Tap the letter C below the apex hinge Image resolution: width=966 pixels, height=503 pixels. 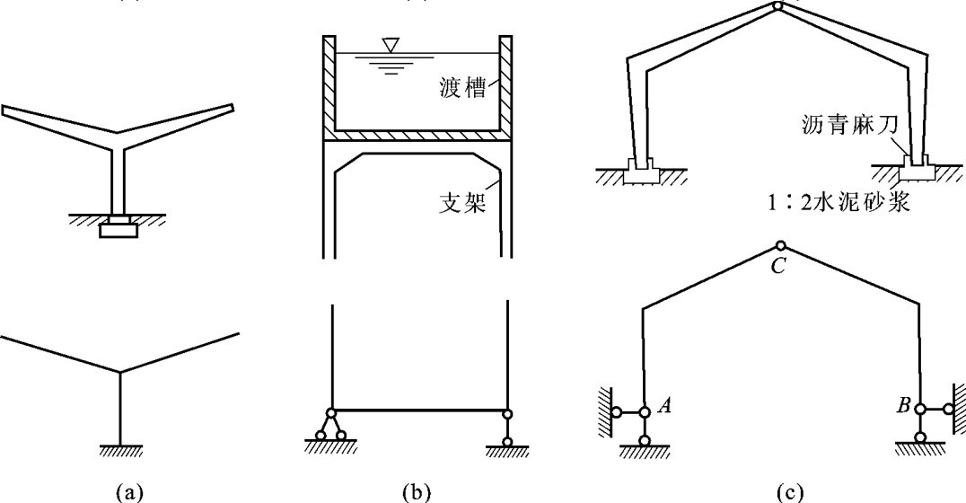[x=779, y=267]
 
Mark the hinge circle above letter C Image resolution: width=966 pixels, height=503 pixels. [x=780, y=246]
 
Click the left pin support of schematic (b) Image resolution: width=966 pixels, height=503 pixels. [x=331, y=429]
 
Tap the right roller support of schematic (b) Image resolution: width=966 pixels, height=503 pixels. [x=507, y=429]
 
